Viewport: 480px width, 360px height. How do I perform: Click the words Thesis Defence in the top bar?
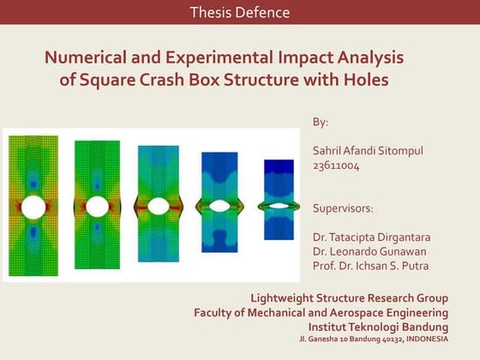point(240,13)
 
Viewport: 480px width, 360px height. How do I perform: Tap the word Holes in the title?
point(362,81)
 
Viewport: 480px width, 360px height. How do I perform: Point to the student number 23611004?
point(336,165)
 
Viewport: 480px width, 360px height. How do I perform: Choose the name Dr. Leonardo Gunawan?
point(369,251)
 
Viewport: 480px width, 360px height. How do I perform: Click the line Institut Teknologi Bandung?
point(377,327)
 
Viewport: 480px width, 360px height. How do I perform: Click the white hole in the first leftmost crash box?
point(33,207)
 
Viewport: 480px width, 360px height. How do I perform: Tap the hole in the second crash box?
point(97,207)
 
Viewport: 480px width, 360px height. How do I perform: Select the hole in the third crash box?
point(159,206)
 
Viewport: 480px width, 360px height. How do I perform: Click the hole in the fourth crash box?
point(220,206)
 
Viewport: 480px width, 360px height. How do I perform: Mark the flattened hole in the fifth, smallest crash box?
point(279,206)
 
